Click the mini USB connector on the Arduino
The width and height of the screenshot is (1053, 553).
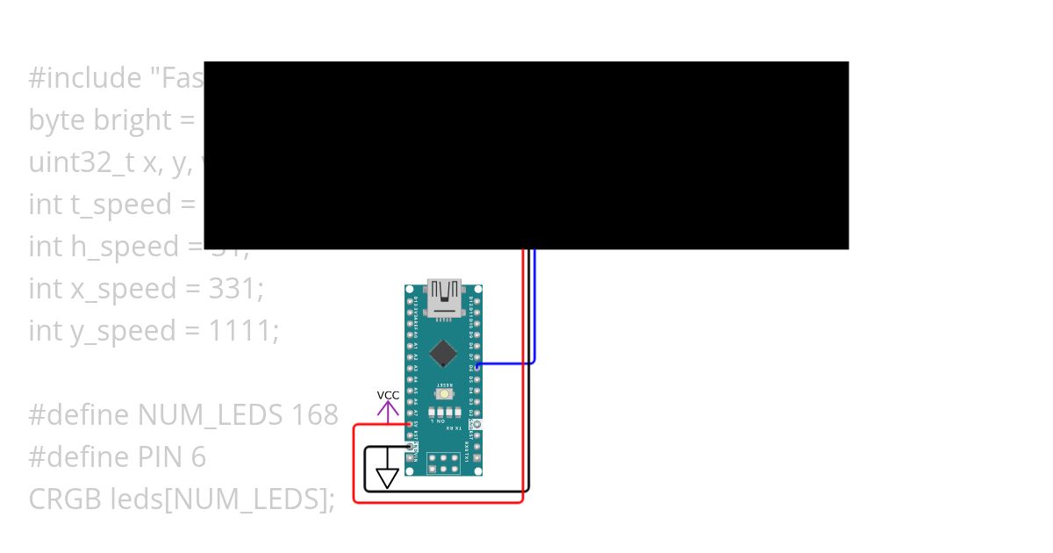444,296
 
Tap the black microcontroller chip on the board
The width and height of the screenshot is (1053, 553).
444,353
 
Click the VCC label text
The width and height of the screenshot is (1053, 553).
388,395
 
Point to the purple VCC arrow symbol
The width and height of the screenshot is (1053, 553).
388,409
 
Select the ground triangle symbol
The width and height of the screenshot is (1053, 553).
387,478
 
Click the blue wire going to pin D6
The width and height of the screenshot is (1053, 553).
534,307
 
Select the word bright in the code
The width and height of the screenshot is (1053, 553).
132,119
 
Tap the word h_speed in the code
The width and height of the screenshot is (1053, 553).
125,246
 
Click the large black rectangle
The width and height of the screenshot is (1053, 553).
526,155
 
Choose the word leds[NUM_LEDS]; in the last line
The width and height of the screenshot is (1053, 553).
223,499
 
